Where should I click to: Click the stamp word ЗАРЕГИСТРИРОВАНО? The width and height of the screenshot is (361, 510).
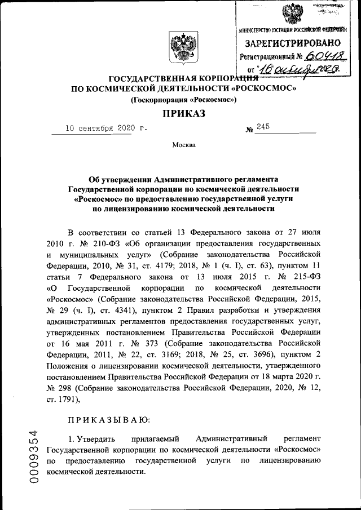pos(292,43)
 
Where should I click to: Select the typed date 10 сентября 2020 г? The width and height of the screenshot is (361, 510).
pos(105,128)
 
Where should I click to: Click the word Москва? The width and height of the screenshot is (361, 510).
pos(184,145)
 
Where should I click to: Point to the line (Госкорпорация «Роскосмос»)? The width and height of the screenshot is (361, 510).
pos(184,100)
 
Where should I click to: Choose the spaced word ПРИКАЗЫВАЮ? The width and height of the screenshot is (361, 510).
pos(109,420)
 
